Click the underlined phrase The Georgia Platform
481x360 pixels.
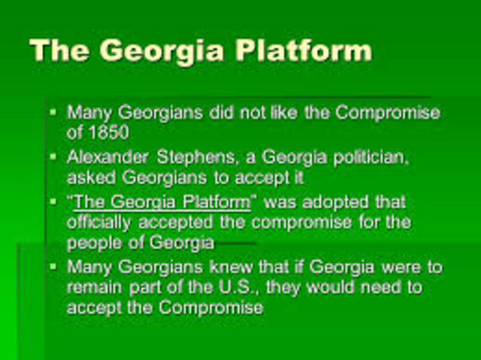(162, 201)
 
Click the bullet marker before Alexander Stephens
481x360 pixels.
(53, 156)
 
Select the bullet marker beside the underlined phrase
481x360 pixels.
(53, 201)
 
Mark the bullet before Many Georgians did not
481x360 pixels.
(53, 111)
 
